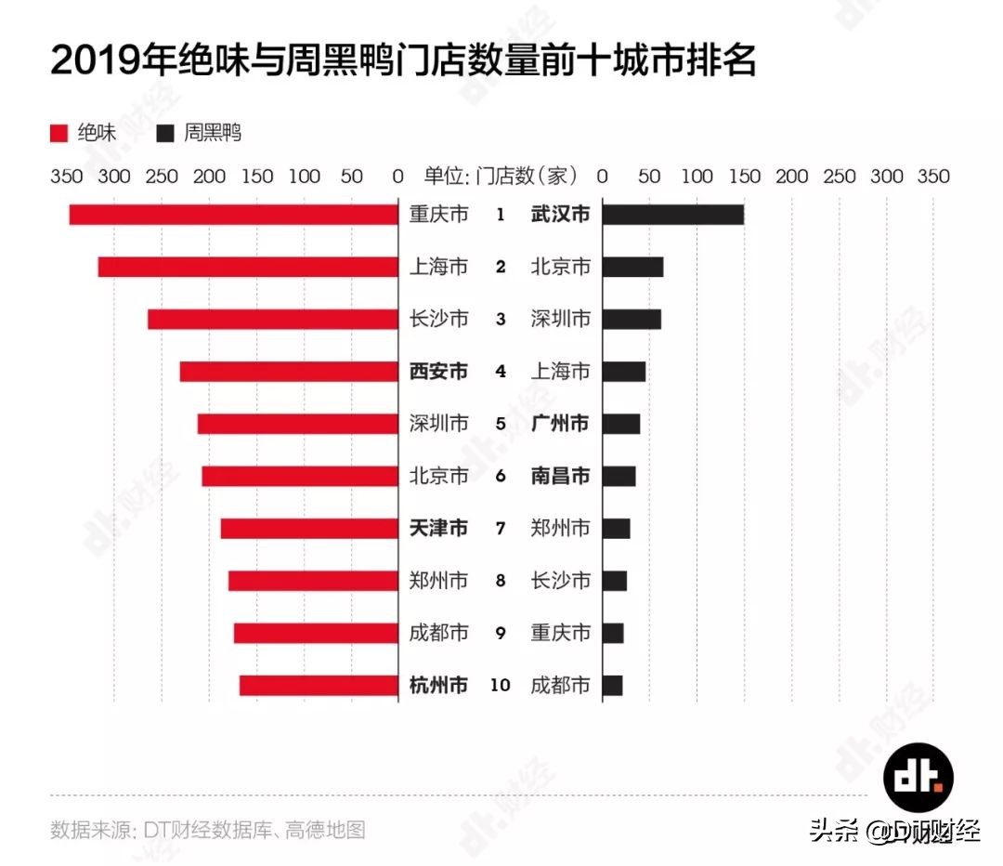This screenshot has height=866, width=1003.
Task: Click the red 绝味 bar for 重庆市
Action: (233, 215)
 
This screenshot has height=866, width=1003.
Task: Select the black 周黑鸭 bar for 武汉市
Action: (673, 215)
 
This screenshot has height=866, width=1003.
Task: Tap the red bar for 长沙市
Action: (272, 319)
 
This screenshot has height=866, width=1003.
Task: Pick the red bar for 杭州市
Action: (319, 686)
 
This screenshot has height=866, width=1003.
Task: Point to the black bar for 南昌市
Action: (619, 477)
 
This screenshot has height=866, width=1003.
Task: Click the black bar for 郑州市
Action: (617, 529)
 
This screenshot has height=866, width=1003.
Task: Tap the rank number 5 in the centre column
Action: (501, 424)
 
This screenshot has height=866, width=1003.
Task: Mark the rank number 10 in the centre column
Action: (500, 686)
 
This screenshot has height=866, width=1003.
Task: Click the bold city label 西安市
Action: (438, 372)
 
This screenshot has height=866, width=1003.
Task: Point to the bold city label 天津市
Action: (438, 529)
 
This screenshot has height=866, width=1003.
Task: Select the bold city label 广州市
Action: (560, 424)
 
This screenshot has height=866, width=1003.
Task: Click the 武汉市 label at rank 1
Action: (560, 215)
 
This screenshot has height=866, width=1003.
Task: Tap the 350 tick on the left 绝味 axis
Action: (66, 177)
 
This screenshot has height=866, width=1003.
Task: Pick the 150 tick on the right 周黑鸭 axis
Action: (744, 177)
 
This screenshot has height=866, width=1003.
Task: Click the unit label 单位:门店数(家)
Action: (501, 176)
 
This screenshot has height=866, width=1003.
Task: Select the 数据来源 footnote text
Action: (208, 829)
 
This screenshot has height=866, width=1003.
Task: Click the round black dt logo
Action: (918, 777)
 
